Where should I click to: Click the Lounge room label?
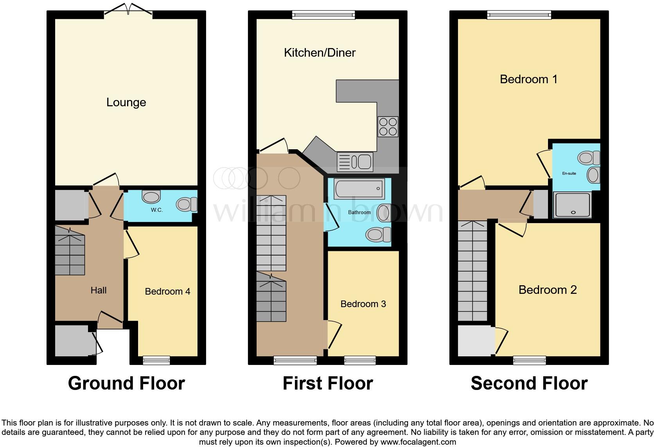click(x=126, y=102)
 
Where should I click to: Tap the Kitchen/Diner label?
click(x=320, y=53)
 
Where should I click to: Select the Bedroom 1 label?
click(x=528, y=79)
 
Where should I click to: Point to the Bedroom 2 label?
click(x=547, y=290)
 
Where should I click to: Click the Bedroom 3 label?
click(x=363, y=304)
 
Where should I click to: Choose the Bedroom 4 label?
click(x=167, y=291)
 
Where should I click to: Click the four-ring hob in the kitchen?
click(x=388, y=127)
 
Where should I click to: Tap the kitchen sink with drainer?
click(x=355, y=162)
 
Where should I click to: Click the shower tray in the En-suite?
click(x=572, y=205)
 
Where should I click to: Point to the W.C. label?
click(x=157, y=210)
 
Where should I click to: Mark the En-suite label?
click(x=569, y=173)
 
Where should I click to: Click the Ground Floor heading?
click(x=126, y=383)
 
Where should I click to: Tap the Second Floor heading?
click(x=529, y=383)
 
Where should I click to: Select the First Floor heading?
click(x=328, y=383)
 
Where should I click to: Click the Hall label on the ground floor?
click(x=99, y=290)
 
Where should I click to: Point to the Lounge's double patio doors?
click(x=128, y=11)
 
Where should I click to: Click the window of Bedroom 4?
click(x=156, y=360)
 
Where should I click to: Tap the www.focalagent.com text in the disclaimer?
click(x=418, y=442)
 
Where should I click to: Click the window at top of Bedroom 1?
click(x=519, y=15)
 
